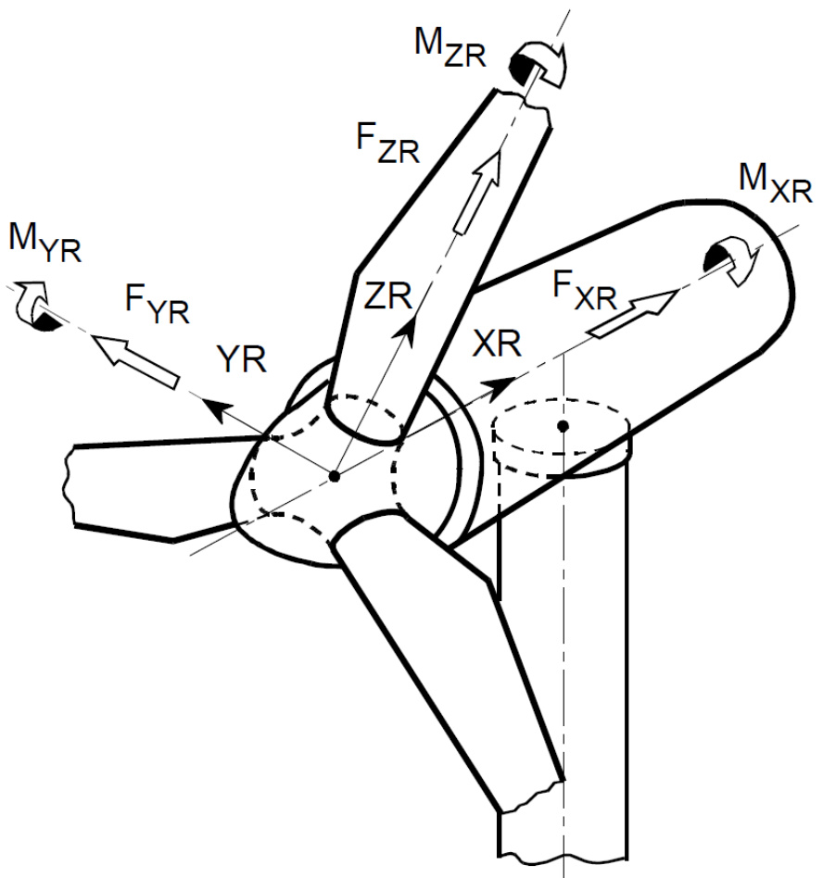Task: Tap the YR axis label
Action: click(x=241, y=356)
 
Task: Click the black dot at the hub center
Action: click(x=335, y=476)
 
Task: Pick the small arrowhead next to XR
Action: click(x=504, y=381)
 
